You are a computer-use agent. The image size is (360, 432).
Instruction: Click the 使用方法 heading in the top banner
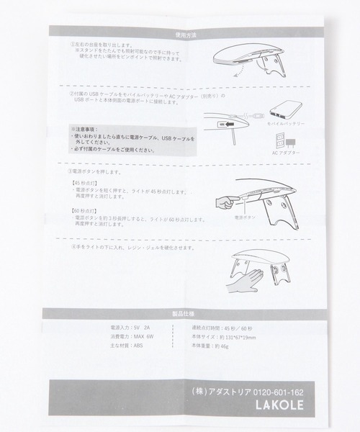(x=180, y=33)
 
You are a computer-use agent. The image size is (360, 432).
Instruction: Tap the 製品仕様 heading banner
(x=180, y=312)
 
